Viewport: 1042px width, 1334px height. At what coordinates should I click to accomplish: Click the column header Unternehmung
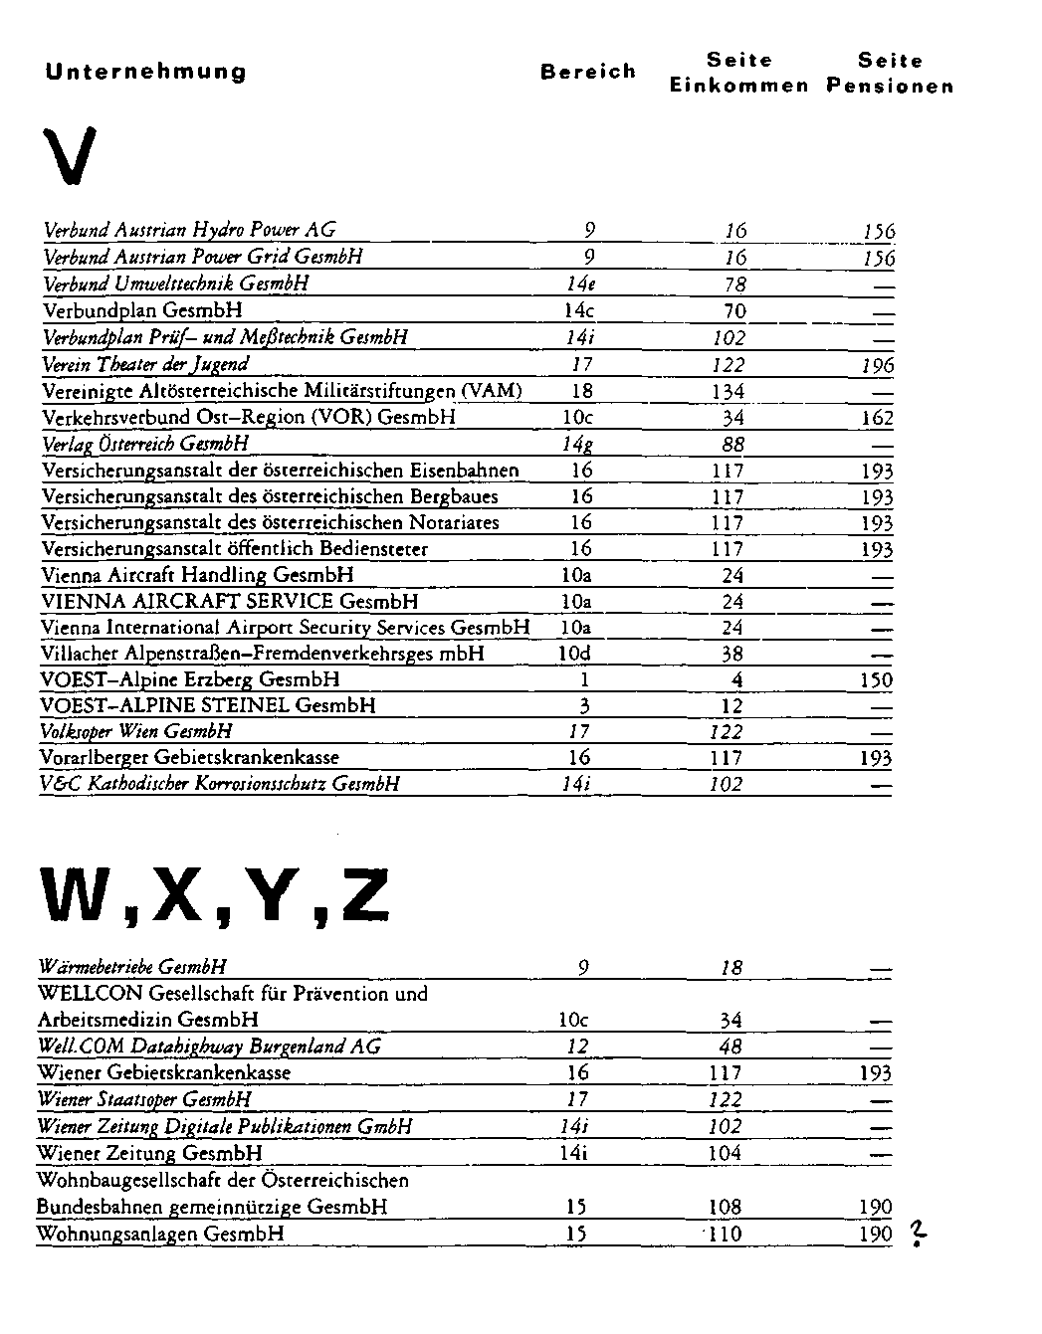[145, 73]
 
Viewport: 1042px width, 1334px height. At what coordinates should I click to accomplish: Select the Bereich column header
[587, 72]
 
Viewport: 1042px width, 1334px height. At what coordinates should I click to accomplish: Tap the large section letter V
[70, 156]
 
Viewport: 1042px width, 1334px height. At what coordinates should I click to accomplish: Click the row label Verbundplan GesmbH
[142, 310]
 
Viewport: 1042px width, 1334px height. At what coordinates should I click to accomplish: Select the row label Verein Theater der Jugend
[145, 364]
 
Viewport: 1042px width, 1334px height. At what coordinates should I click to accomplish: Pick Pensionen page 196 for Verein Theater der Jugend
[878, 366]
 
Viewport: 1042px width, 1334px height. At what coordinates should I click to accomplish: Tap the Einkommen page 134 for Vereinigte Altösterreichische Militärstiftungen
[729, 392]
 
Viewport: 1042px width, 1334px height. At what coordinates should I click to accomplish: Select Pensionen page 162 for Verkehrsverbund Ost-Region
[877, 418]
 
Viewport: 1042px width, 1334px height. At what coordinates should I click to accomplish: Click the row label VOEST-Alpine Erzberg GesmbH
[190, 679]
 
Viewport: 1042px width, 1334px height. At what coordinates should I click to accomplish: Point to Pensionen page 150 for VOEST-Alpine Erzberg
[877, 680]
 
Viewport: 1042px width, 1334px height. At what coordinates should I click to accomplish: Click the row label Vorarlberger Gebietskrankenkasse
[190, 757]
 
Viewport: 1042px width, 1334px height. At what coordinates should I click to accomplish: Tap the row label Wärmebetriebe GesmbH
[132, 966]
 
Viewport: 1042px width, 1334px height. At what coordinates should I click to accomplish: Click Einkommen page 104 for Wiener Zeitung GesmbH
[725, 1153]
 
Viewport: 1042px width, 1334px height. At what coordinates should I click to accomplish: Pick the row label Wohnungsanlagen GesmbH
[160, 1234]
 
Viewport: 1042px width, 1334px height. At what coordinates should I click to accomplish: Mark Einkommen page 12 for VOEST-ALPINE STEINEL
[731, 706]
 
